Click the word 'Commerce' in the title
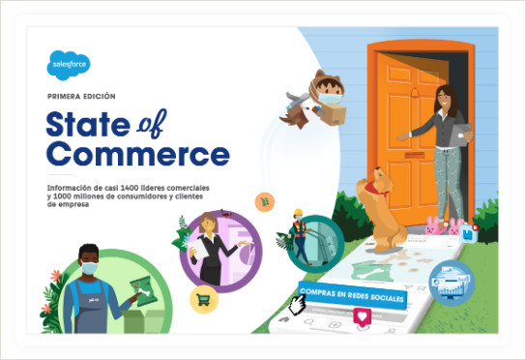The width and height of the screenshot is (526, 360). (137, 153)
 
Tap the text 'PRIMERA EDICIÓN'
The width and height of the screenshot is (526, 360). (81, 97)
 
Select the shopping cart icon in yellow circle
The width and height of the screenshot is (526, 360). (204, 300)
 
